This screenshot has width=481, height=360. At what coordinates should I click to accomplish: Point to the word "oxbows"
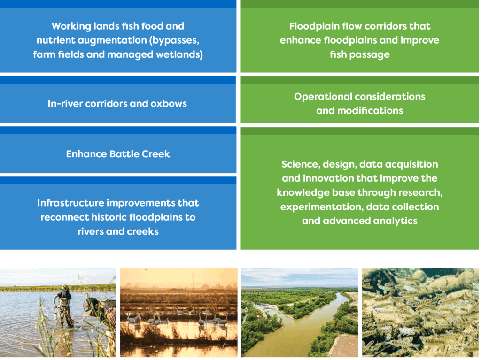(x=169, y=104)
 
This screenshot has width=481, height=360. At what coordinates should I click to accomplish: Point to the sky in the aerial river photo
(x=299, y=277)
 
